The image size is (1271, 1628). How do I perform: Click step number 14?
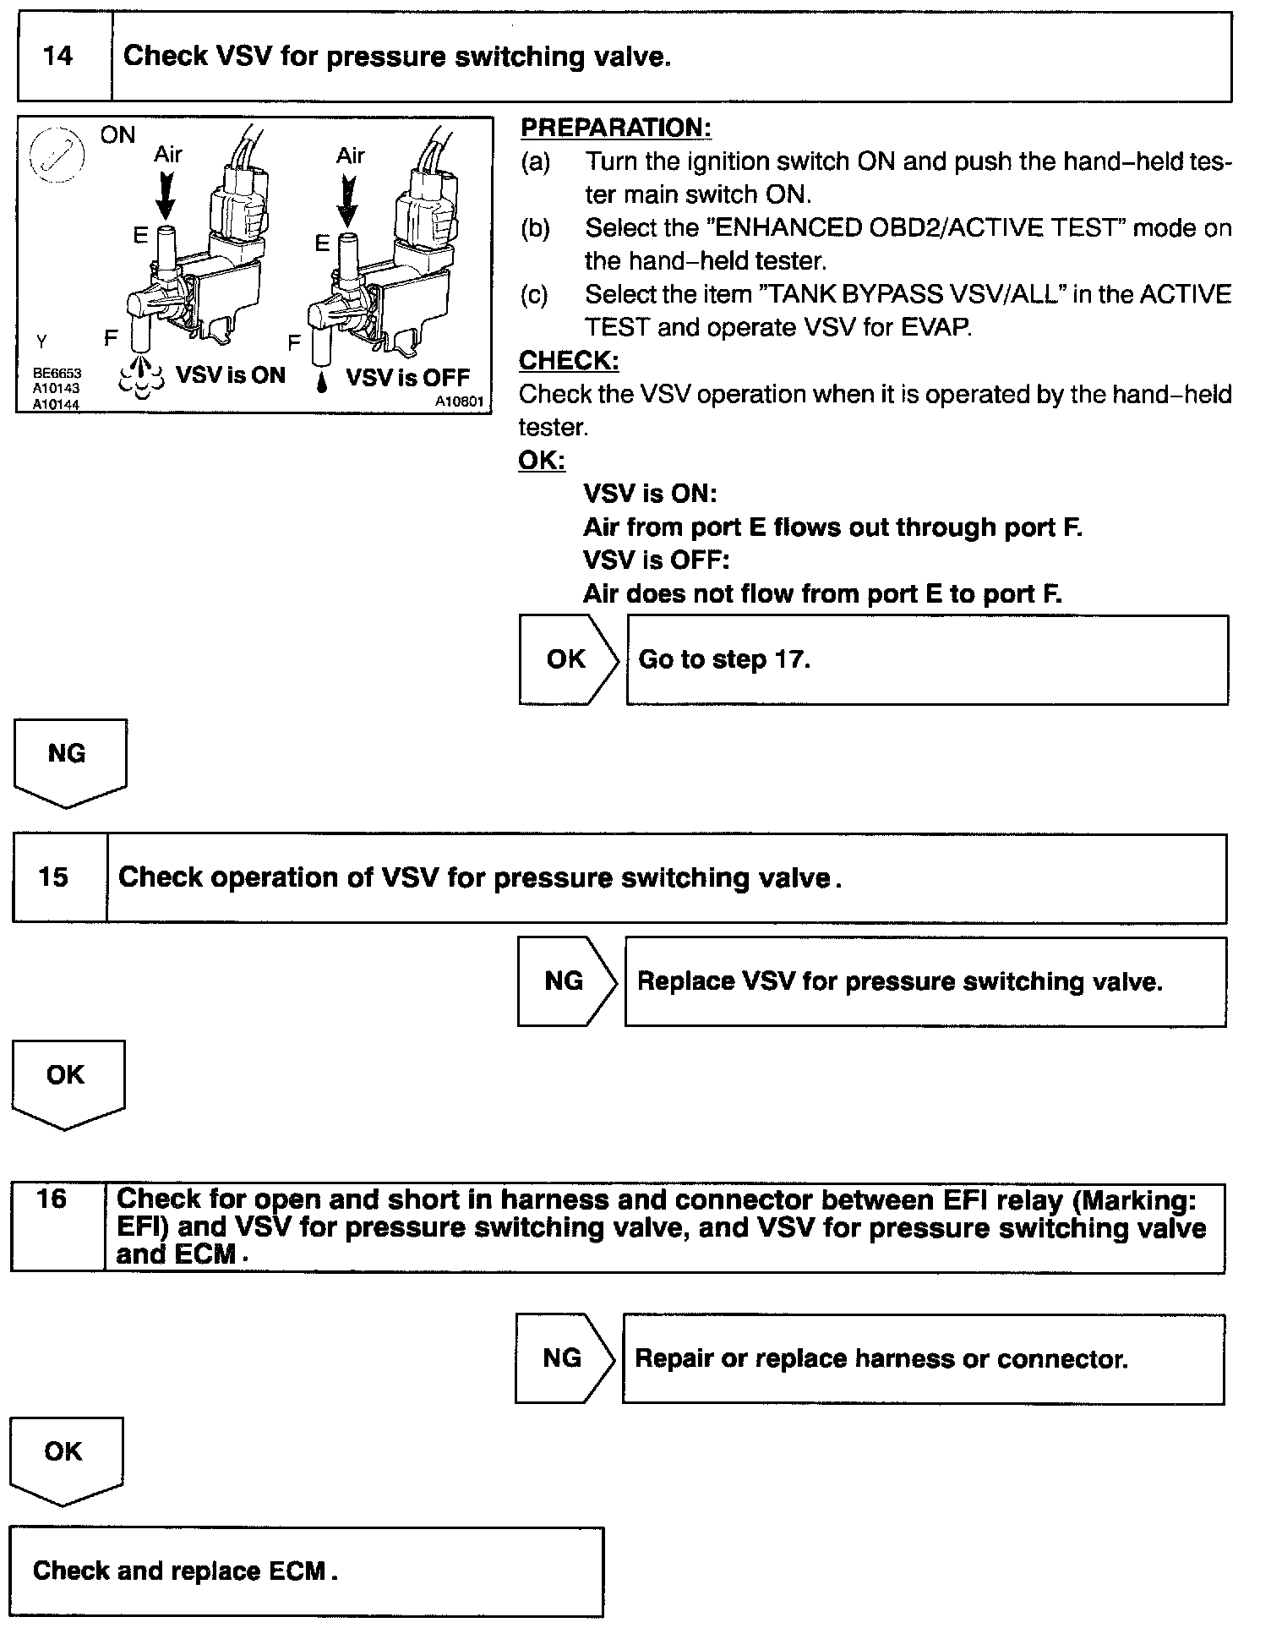[57, 57]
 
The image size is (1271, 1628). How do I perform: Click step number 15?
[52, 877]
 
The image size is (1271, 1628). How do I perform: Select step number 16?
[52, 1199]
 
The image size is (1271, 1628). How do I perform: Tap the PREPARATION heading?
[615, 128]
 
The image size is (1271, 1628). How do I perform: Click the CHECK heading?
[568, 361]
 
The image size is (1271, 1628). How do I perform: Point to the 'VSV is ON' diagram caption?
[230, 375]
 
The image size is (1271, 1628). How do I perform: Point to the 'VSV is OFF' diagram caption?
[408, 377]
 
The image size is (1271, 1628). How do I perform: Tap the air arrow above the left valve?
[166, 196]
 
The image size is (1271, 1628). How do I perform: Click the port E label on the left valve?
[140, 236]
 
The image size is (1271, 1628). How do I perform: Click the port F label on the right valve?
[294, 342]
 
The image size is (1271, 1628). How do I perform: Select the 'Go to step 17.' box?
[926, 659]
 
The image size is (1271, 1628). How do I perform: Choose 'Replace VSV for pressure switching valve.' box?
[925, 981]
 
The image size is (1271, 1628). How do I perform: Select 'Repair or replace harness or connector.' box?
[922, 1358]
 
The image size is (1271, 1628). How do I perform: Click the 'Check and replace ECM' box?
[306, 1571]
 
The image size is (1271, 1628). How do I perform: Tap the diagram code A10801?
[459, 402]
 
